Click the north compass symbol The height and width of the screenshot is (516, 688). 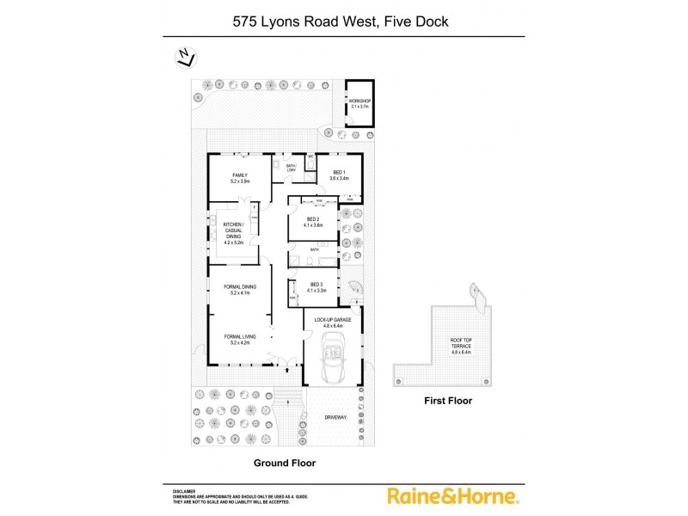[184, 58]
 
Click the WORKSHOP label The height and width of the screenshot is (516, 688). [359, 104]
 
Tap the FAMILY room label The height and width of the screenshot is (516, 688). [239, 178]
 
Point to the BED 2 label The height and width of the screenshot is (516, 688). [314, 222]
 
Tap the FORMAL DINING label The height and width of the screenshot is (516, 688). [239, 290]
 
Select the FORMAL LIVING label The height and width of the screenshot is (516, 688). [239, 339]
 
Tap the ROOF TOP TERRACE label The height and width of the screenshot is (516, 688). [461, 345]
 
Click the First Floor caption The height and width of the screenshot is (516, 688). [448, 401]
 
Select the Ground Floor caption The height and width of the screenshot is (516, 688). [284, 463]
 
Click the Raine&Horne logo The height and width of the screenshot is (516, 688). [452, 496]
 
